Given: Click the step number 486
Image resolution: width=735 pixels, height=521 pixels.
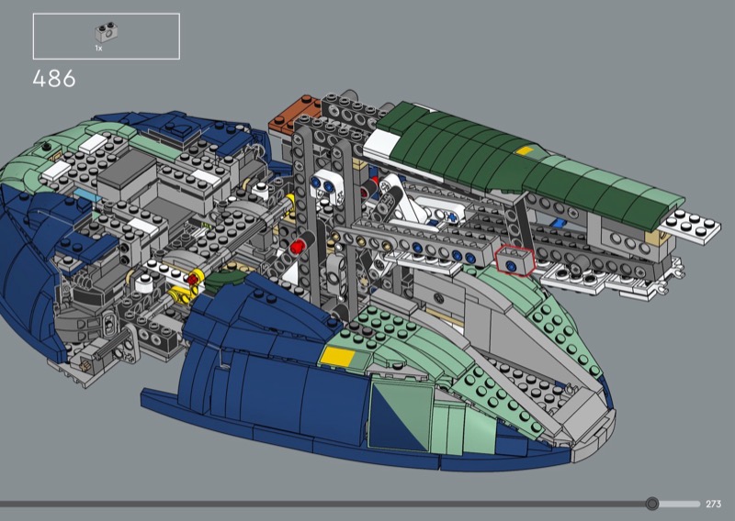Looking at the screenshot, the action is pos(54,79).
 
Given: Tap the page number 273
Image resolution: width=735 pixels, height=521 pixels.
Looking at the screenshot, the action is pos(713,504).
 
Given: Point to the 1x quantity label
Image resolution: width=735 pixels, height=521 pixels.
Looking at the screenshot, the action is pos(98,48).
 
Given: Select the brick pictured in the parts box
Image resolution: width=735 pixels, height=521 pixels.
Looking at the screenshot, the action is pos(107,33).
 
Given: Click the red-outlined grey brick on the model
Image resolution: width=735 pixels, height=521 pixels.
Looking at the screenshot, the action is pos(514,260).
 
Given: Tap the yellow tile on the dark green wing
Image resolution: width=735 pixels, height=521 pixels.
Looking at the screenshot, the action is pos(525,151).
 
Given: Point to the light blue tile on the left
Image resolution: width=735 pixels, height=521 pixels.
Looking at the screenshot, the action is pos(87,194).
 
